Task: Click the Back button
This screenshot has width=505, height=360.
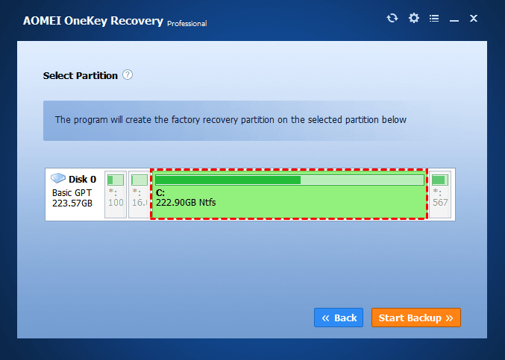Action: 339,318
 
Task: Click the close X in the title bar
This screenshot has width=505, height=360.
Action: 473,19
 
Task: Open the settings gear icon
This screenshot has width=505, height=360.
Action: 414,19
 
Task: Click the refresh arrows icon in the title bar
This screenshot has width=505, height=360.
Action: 392,19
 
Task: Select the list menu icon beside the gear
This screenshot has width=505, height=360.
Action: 434,19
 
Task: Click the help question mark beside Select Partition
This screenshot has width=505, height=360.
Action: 128,75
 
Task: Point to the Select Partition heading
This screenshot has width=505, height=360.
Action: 81,75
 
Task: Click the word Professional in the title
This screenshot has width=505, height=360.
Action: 186,23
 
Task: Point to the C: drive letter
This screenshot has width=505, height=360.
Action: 160,192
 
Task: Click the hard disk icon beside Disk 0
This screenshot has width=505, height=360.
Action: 58,179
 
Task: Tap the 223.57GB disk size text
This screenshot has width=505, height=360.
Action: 72,203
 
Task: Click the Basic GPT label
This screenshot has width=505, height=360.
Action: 73,192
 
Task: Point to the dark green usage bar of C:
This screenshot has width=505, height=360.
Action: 228,180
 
